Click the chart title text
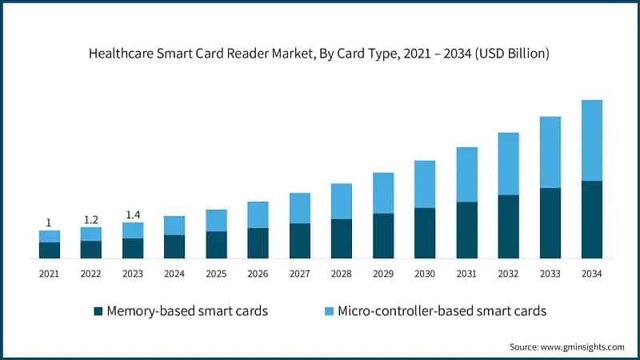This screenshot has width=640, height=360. pyautogui.click(x=320, y=54)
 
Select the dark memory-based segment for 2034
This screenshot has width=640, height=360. pyautogui.click(x=591, y=220)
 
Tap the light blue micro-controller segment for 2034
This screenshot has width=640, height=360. pyautogui.click(x=591, y=141)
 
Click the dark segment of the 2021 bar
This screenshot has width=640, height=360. pyautogui.click(x=50, y=250)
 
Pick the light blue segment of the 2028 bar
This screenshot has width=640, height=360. pyautogui.click(x=342, y=201)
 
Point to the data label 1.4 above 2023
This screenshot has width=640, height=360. pyautogui.click(x=133, y=215)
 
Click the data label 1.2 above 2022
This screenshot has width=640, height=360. pyautogui.click(x=91, y=220)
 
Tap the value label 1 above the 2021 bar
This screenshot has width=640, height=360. pyautogui.click(x=49, y=223)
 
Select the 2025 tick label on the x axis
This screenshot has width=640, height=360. pyautogui.click(x=216, y=274)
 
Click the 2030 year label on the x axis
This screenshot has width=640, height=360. pyautogui.click(x=425, y=274)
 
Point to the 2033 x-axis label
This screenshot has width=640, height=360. pyautogui.click(x=550, y=274)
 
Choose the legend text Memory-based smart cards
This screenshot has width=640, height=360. pyautogui.click(x=186, y=311)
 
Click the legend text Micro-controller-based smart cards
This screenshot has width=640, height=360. pyautogui.click(x=442, y=311)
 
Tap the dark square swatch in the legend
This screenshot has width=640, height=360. pyautogui.click(x=98, y=311)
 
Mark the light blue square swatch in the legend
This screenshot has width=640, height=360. pyautogui.click(x=329, y=311)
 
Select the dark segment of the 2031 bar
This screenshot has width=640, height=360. pyautogui.click(x=466, y=230)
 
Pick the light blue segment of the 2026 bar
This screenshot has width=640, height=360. pyautogui.click(x=258, y=214)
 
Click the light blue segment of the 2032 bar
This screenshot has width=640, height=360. pyautogui.click(x=508, y=164)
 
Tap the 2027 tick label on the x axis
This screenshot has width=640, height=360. pyautogui.click(x=299, y=274)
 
